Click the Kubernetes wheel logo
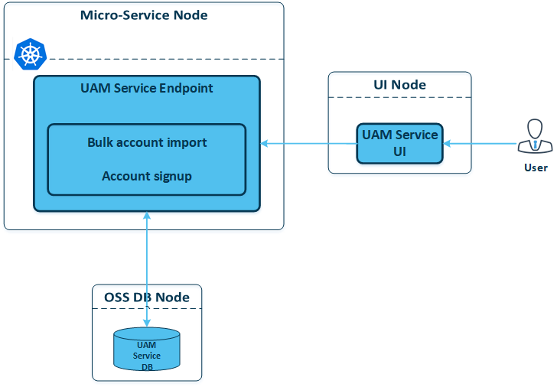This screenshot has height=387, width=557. click(x=30, y=54)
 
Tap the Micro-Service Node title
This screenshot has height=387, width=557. click(x=144, y=15)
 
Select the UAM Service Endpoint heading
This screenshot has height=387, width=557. click(x=147, y=88)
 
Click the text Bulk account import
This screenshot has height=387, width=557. click(x=147, y=142)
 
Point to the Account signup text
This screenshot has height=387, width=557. click(x=147, y=176)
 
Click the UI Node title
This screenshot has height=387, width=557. click(x=399, y=85)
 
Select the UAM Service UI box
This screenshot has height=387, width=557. click(x=399, y=144)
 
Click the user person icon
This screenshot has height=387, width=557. click(x=535, y=136)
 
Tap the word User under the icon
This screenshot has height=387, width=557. click(x=536, y=167)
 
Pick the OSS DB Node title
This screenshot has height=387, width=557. click(x=147, y=298)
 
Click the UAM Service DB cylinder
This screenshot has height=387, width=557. click(x=147, y=349)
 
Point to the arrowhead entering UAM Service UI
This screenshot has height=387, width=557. click(x=447, y=144)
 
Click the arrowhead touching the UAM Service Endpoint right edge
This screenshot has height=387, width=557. click(x=264, y=144)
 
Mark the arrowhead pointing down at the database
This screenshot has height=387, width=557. click(x=147, y=323)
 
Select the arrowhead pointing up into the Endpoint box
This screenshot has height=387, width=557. click(x=147, y=216)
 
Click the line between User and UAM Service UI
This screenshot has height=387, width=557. click(x=480, y=144)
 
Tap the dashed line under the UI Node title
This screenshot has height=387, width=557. click(x=399, y=97)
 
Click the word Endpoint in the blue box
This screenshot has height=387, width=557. click(x=186, y=88)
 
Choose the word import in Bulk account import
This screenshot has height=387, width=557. click(x=187, y=142)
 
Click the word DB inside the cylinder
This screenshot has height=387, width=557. click(x=147, y=367)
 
